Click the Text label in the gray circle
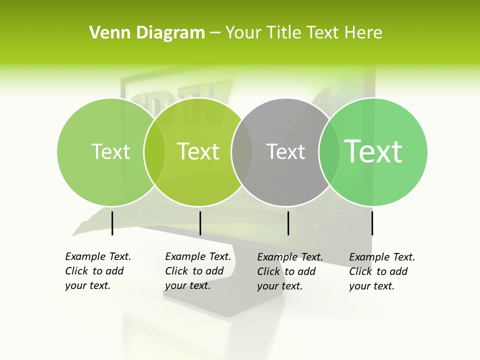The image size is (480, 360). tap(285, 152)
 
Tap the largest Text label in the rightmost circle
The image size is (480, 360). tap(373, 151)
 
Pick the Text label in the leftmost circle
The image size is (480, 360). tap(110, 151)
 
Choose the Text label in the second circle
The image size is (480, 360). tap(198, 151)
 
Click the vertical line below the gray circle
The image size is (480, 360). tap(288, 223)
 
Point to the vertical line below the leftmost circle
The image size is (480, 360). tap(112, 223)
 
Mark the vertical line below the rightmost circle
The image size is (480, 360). tap(372, 223)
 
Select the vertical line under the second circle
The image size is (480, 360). tap(200, 223)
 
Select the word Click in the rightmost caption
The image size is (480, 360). tap(360, 271)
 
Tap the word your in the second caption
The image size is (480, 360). tap(175, 285)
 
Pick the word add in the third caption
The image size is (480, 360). tap(307, 271)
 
